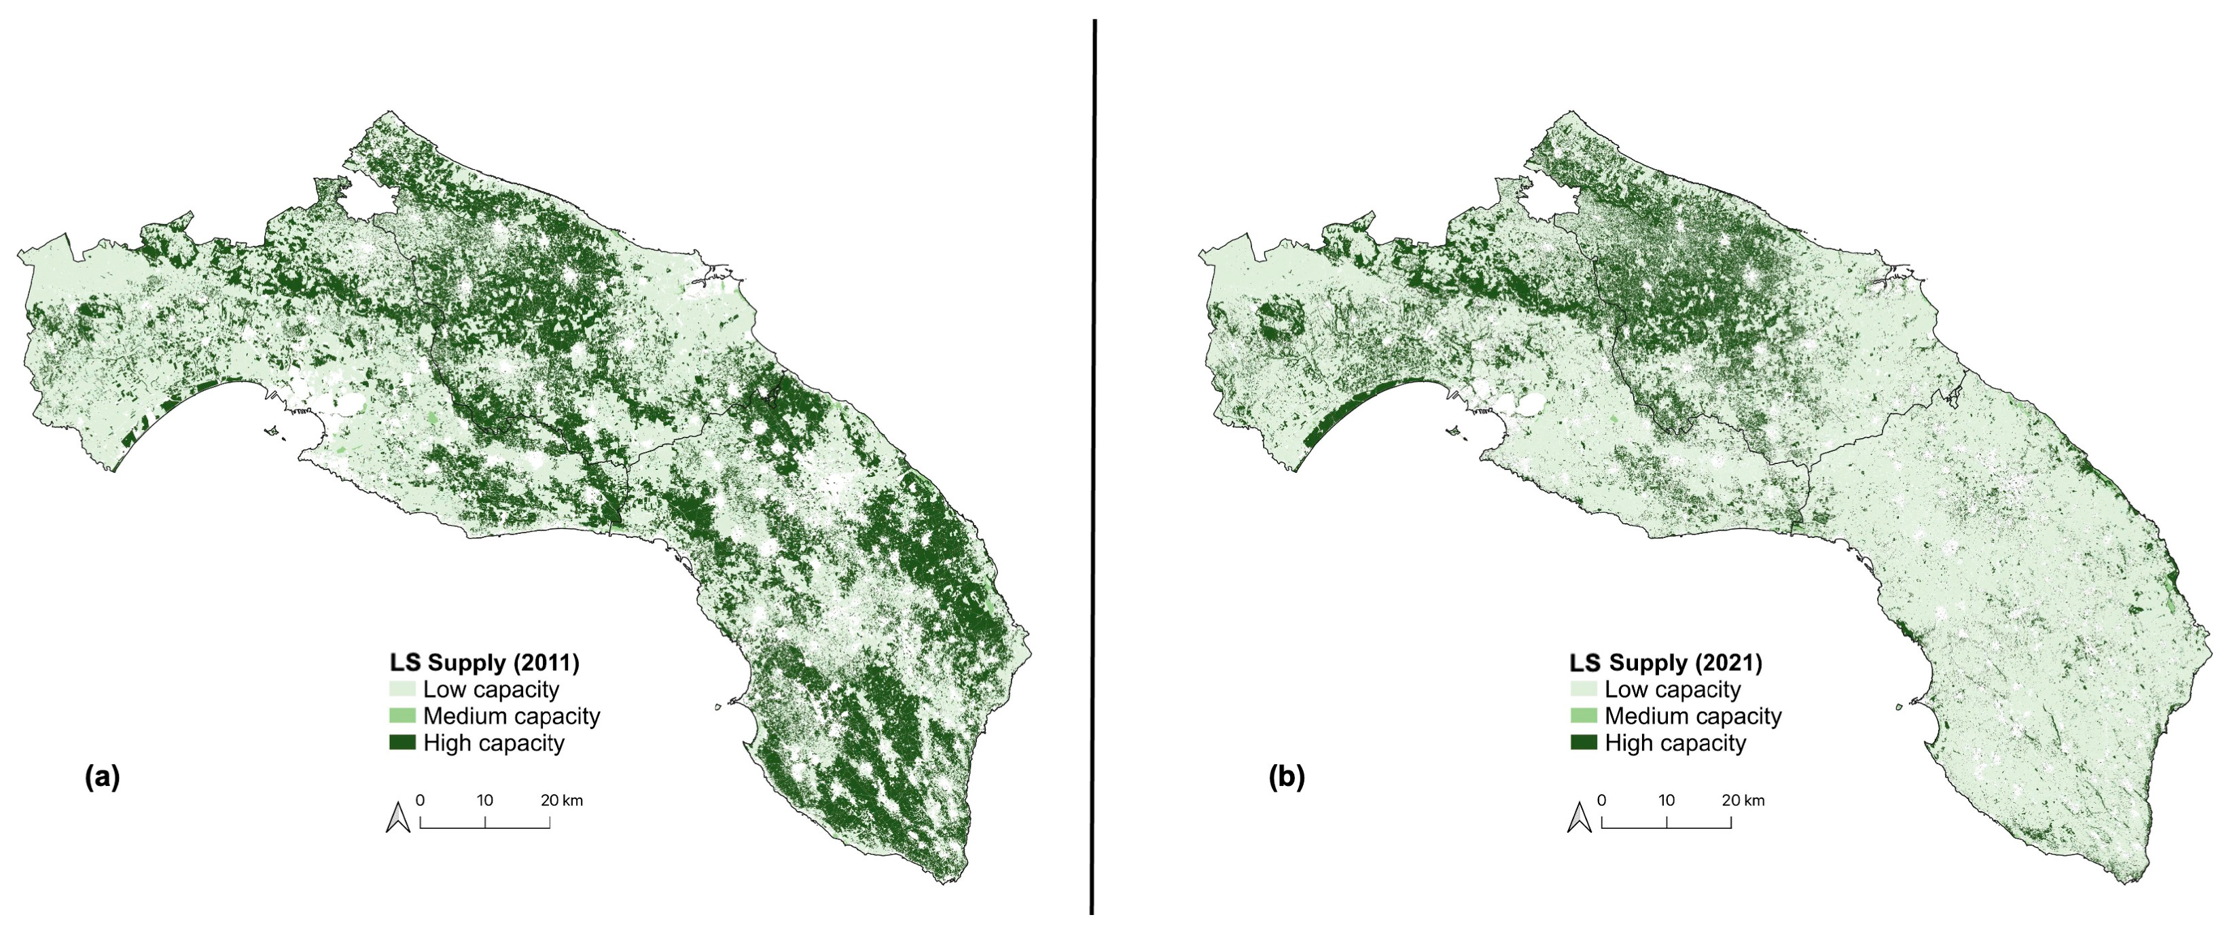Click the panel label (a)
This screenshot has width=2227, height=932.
pyautogui.click(x=102, y=777)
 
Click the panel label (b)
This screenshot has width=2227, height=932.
pyautogui.click(x=1285, y=777)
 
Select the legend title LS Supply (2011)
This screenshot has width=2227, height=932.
pyautogui.click(x=484, y=663)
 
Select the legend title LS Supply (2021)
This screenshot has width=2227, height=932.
pyautogui.click(x=1666, y=663)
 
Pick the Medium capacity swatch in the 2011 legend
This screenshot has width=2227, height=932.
pyautogui.click(x=402, y=716)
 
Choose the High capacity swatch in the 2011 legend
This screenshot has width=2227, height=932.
pyautogui.click(x=402, y=742)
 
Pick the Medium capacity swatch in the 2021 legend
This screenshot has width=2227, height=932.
pyautogui.click(x=1584, y=716)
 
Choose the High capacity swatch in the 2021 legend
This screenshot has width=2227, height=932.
pyautogui.click(x=1584, y=742)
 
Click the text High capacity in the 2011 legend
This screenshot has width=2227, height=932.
pyautogui.click(x=494, y=744)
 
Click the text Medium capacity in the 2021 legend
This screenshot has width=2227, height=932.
pyautogui.click(x=1693, y=717)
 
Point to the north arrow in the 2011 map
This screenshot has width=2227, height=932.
pyautogui.click(x=397, y=817)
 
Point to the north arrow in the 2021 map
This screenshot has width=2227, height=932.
pyautogui.click(x=1580, y=817)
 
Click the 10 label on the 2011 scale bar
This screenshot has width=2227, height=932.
pyautogui.click(x=485, y=801)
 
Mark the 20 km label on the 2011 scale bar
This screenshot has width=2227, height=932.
pyautogui.click(x=562, y=801)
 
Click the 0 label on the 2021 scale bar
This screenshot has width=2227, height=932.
pyautogui.click(x=1602, y=801)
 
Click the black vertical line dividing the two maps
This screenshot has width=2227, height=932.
pyautogui.click(x=1094, y=467)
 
